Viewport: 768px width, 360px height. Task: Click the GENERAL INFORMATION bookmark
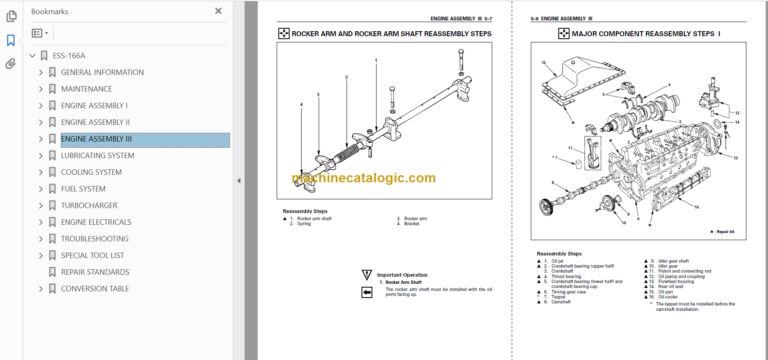101,73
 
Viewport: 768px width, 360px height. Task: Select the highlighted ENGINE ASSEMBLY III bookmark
96,139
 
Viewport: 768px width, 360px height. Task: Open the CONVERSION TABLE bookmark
94,289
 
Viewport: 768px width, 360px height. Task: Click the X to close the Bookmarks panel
218,11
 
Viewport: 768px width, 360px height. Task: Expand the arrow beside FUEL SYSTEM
40,189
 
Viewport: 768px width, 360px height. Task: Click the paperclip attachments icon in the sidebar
10,63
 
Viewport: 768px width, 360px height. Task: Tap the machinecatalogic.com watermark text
364,179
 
